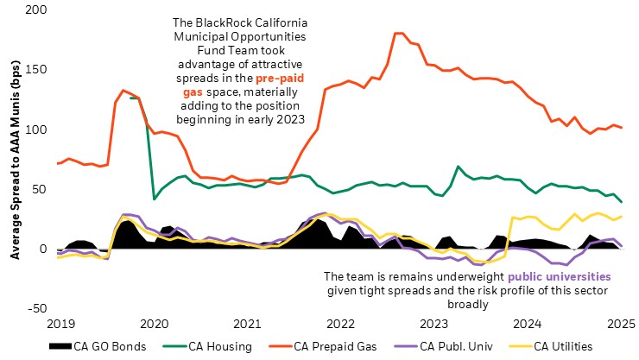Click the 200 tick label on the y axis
(x=37, y=10)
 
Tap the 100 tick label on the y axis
(x=37, y=129)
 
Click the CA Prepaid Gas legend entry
(x=338, y=346)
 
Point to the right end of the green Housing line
(x=620, y=202)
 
